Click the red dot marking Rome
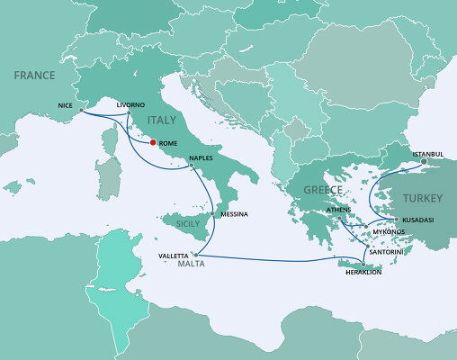153,142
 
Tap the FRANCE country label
34,76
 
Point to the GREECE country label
321,190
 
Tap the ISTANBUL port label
428,154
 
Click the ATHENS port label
339,209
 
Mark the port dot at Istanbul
424,162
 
